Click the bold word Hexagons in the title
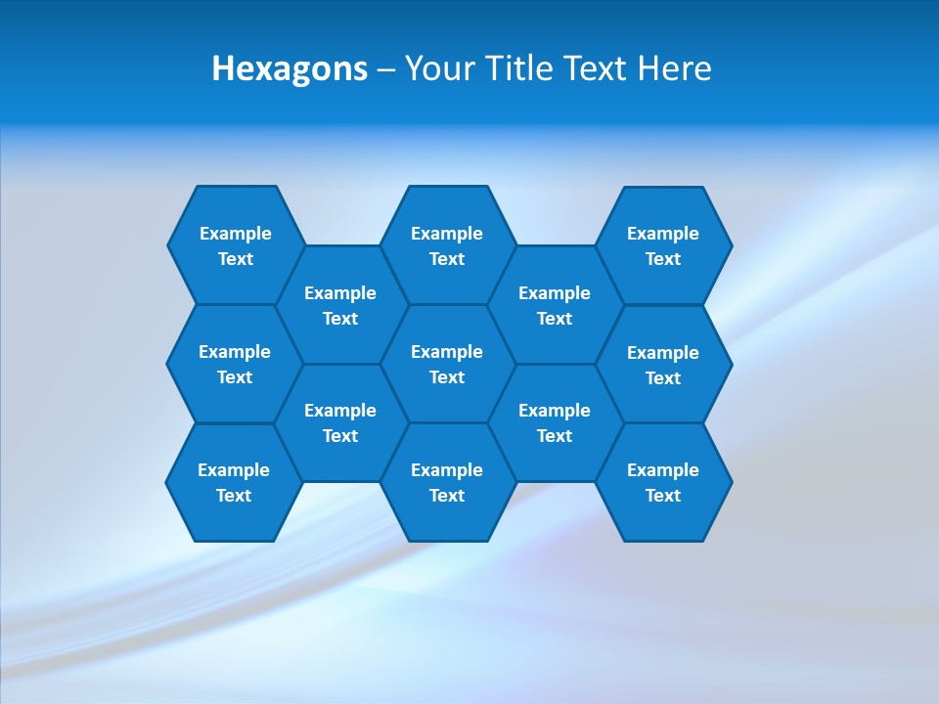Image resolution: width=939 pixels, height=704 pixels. pyautogui.click(x=290, y=68)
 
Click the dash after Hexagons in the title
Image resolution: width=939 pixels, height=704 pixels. pyautogui.click(x=386, y=69)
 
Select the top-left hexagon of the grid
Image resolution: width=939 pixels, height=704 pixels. pyautogui.click(x=236, y=245)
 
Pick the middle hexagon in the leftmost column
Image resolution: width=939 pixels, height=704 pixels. pyautogui.click(x=235, y=364)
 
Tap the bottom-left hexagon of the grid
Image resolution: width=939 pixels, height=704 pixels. pyautogui.click(x=234, y=482)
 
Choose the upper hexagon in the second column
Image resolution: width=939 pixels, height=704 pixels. pyautogui.click(x=340, y=305)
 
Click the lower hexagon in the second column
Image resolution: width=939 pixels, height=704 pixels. pyautogui.click(x=340, y=422)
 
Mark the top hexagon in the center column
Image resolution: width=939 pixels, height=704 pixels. pyautogui.click(x=447, y=245)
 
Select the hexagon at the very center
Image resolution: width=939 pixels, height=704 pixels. pyautogui.click(x=447, y=364)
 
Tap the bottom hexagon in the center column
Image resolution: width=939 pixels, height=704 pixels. pyautogui.click(x=447, y=482)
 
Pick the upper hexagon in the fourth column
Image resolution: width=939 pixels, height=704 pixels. pyautogui.click(x=555, y=305)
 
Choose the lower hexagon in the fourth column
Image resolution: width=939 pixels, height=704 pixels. pyautogui.click(x=555, y=422)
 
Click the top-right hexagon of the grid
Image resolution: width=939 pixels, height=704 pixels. pyautogui.click(x=663, y=245)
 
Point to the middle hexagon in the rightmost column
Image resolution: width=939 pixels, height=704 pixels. pyautogui.click(x=663, y=365)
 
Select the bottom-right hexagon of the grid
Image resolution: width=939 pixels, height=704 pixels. pyautogui.click(x=663, y=482)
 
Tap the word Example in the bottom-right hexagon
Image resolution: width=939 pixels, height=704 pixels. pyautogui.click(x=663, y=470)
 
